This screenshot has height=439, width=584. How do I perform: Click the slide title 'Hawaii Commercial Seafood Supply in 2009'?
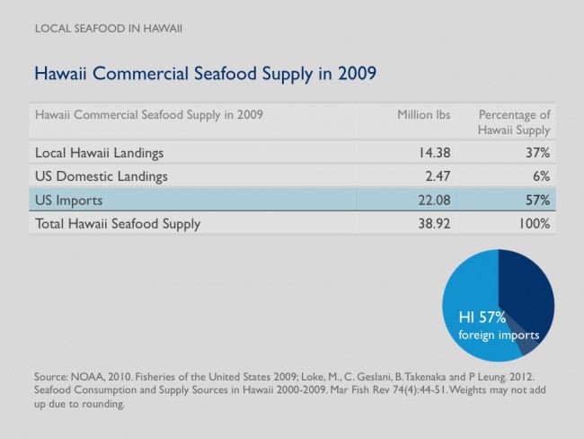205,74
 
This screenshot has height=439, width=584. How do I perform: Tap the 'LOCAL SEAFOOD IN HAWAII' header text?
109,29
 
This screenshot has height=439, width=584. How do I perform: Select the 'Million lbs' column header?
423,115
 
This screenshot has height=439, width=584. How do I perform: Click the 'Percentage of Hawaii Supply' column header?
514,122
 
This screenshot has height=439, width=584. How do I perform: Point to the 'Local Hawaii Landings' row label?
99,153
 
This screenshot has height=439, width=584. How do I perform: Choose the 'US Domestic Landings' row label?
101,176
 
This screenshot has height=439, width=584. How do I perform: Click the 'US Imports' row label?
68,201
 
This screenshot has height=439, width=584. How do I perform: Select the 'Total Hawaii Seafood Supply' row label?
118,224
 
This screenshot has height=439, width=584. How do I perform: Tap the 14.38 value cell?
435,153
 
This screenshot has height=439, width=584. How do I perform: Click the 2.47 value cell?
438,176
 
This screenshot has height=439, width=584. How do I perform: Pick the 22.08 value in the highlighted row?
434,201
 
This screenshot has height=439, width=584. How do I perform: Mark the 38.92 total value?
434,224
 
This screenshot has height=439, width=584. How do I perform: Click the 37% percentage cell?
538,153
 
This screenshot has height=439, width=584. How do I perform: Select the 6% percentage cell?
542,176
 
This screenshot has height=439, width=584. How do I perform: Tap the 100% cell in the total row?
535,224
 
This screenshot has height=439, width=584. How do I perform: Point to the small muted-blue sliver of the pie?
526,343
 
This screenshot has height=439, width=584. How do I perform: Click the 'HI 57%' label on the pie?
482,318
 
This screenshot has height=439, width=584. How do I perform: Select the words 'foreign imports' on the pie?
499,335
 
